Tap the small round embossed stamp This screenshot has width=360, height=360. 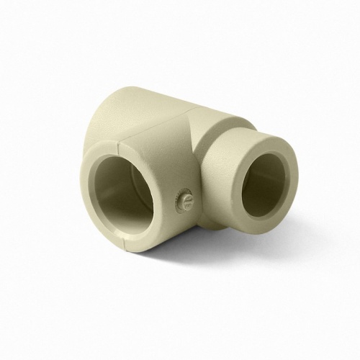coord(186,197)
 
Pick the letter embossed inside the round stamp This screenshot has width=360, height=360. coord(186,197)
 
